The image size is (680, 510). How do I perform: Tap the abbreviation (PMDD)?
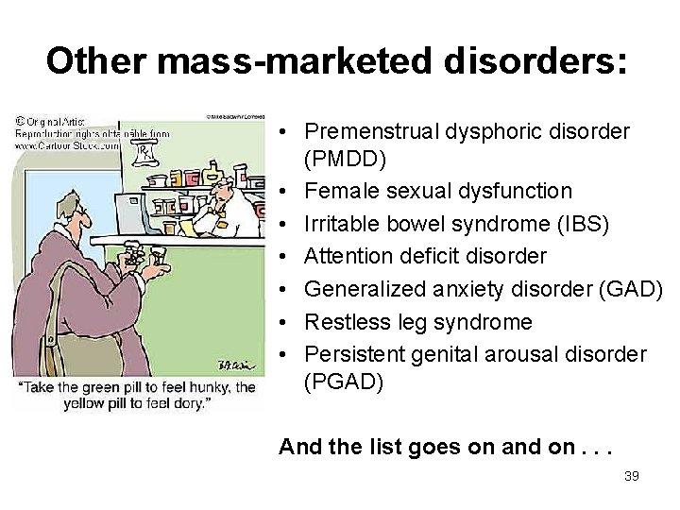pos(345,158)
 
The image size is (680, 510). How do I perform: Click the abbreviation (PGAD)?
pos(344,382)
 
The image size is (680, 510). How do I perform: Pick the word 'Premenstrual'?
pos(374,130)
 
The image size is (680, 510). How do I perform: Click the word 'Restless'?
pos(344,322)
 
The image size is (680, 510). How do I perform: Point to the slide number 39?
pos(632,476)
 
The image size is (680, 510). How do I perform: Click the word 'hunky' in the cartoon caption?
pos(211,387)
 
